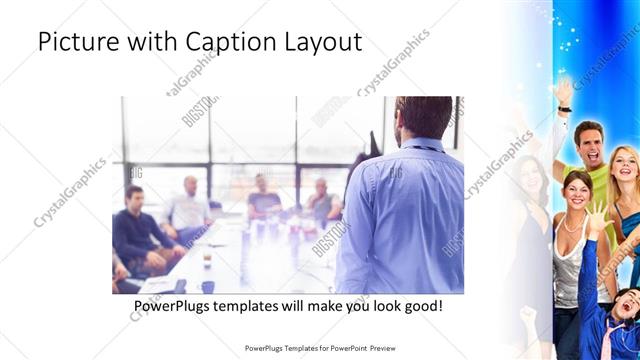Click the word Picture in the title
coord(74,43)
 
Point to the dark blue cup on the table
coord(208,259)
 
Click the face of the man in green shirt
coord(587,144)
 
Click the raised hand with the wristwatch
coord(564,95)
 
